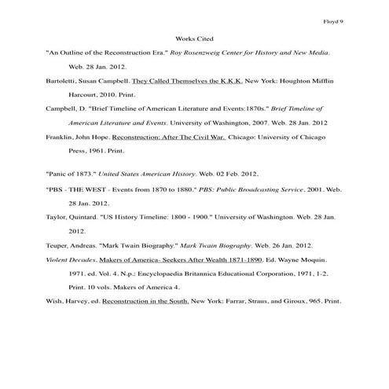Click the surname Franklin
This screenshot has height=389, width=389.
61,138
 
